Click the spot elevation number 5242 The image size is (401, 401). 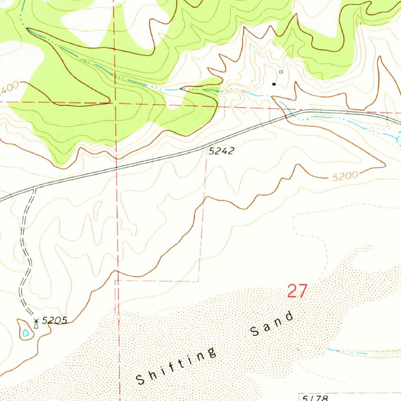221,151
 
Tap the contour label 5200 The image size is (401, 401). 345,177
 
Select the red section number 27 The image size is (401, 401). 297,291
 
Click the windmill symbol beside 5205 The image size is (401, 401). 36,322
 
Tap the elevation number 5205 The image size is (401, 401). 54,321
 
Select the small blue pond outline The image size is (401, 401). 26,333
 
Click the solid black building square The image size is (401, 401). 274,84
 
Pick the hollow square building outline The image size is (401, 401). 281,72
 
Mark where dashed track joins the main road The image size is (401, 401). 34,188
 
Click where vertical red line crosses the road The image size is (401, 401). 117,169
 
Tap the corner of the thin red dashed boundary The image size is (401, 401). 199,281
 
